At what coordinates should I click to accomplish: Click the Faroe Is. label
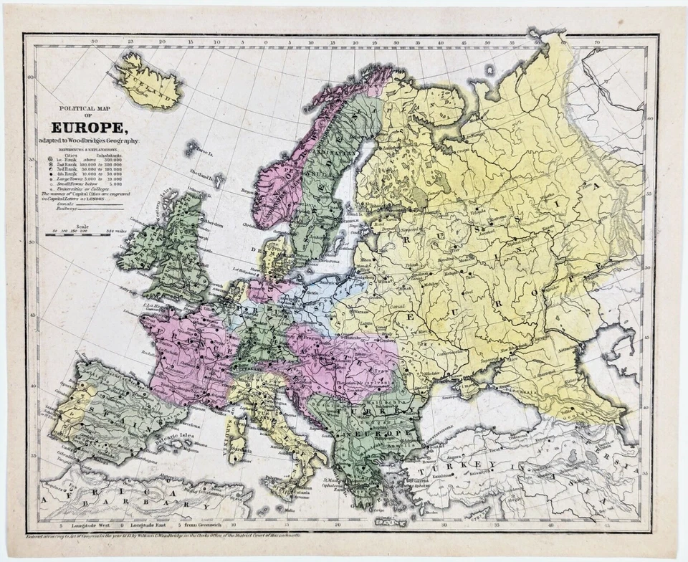(x=204, y=152)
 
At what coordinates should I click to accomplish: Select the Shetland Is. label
(x=201, y=176)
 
